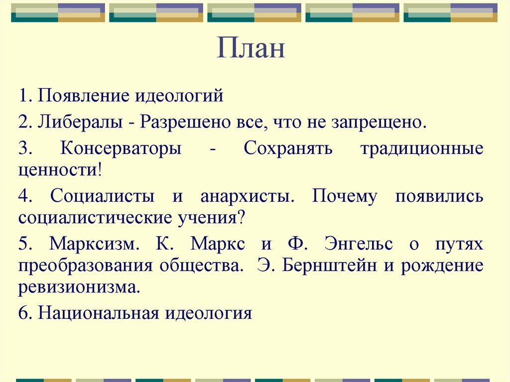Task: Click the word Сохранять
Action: (284, 149)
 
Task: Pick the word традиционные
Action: (421, 149)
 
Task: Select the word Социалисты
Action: (102, 196)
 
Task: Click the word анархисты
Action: (245, 196)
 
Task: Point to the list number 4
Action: (24, 196)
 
